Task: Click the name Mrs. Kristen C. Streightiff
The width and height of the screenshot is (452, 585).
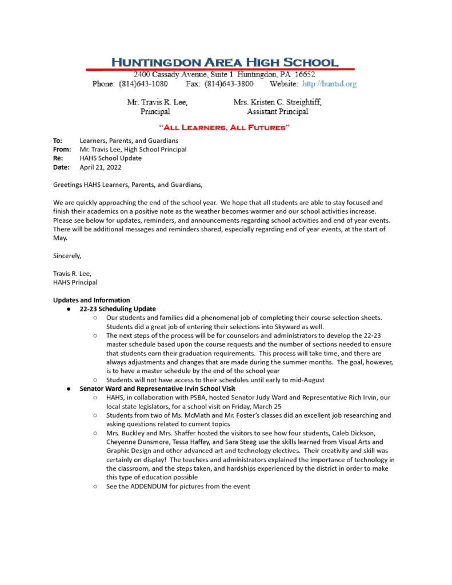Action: coord(277,102)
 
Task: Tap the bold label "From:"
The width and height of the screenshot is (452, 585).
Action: coord(62,150)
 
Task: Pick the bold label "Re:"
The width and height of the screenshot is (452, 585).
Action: coord(58,158)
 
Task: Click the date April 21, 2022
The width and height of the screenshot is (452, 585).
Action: coord(101,167)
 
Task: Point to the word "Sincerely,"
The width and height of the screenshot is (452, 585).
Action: coord(67,255)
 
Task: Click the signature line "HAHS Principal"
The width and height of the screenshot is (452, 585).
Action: coord(75,282)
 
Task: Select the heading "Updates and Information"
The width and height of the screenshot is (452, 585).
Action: coord(91,300)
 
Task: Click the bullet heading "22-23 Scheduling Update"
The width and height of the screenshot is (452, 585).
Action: coord(118,309)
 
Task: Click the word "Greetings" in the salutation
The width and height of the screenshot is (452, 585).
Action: coord(67,185)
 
